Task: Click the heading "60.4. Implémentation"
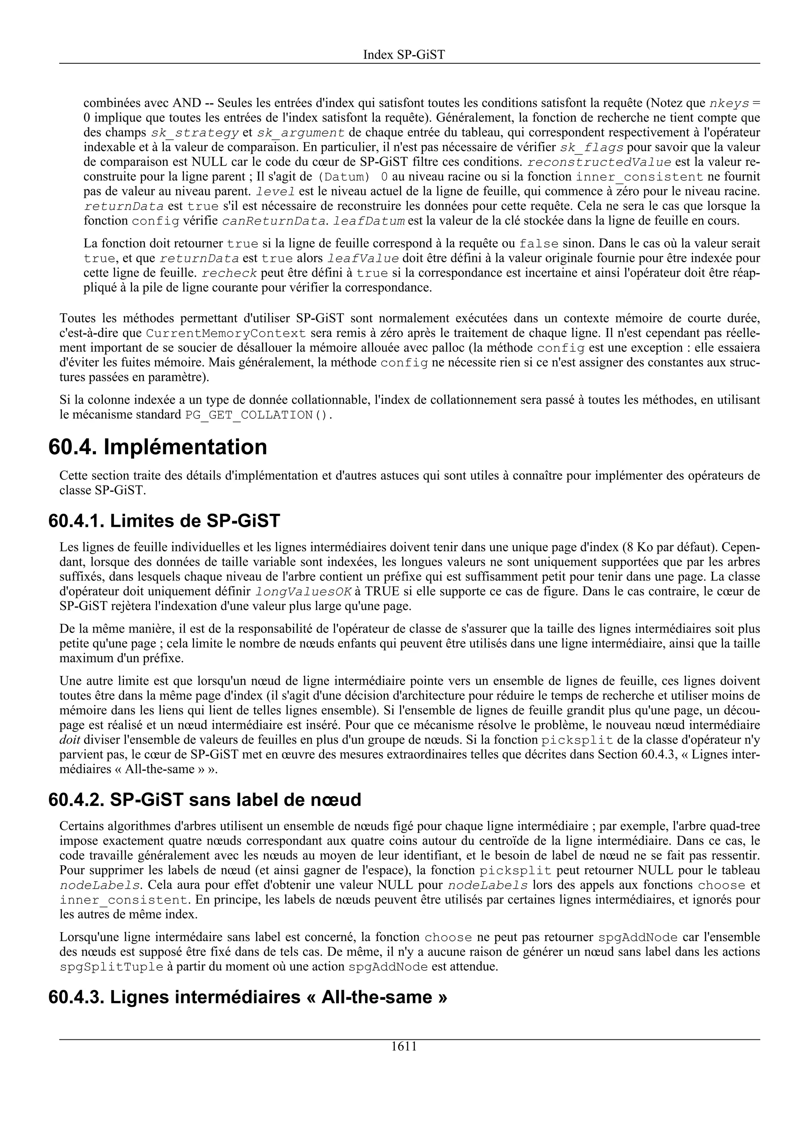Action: (x=158, y=447)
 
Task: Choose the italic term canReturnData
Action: (x=273, y=221)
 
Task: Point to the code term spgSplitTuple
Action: (x=111, y=967)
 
